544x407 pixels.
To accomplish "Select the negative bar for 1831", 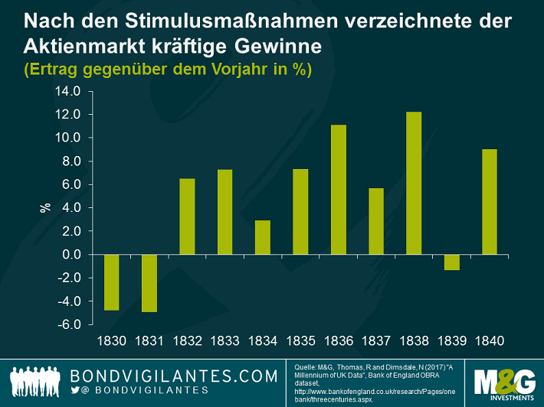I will (x=149, y=282).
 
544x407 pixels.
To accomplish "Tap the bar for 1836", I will (x=338, y=189).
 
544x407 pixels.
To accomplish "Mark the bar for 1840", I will (x=488, y=201).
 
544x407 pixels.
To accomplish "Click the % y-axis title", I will (x=44, y=207).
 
